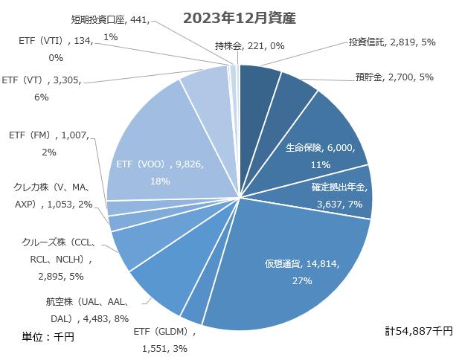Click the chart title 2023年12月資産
click(240, 18)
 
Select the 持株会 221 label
click(249, 46)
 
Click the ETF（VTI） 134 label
click(57, 49)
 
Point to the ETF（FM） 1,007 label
click(49, 144)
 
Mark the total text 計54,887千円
click(418, 330)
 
